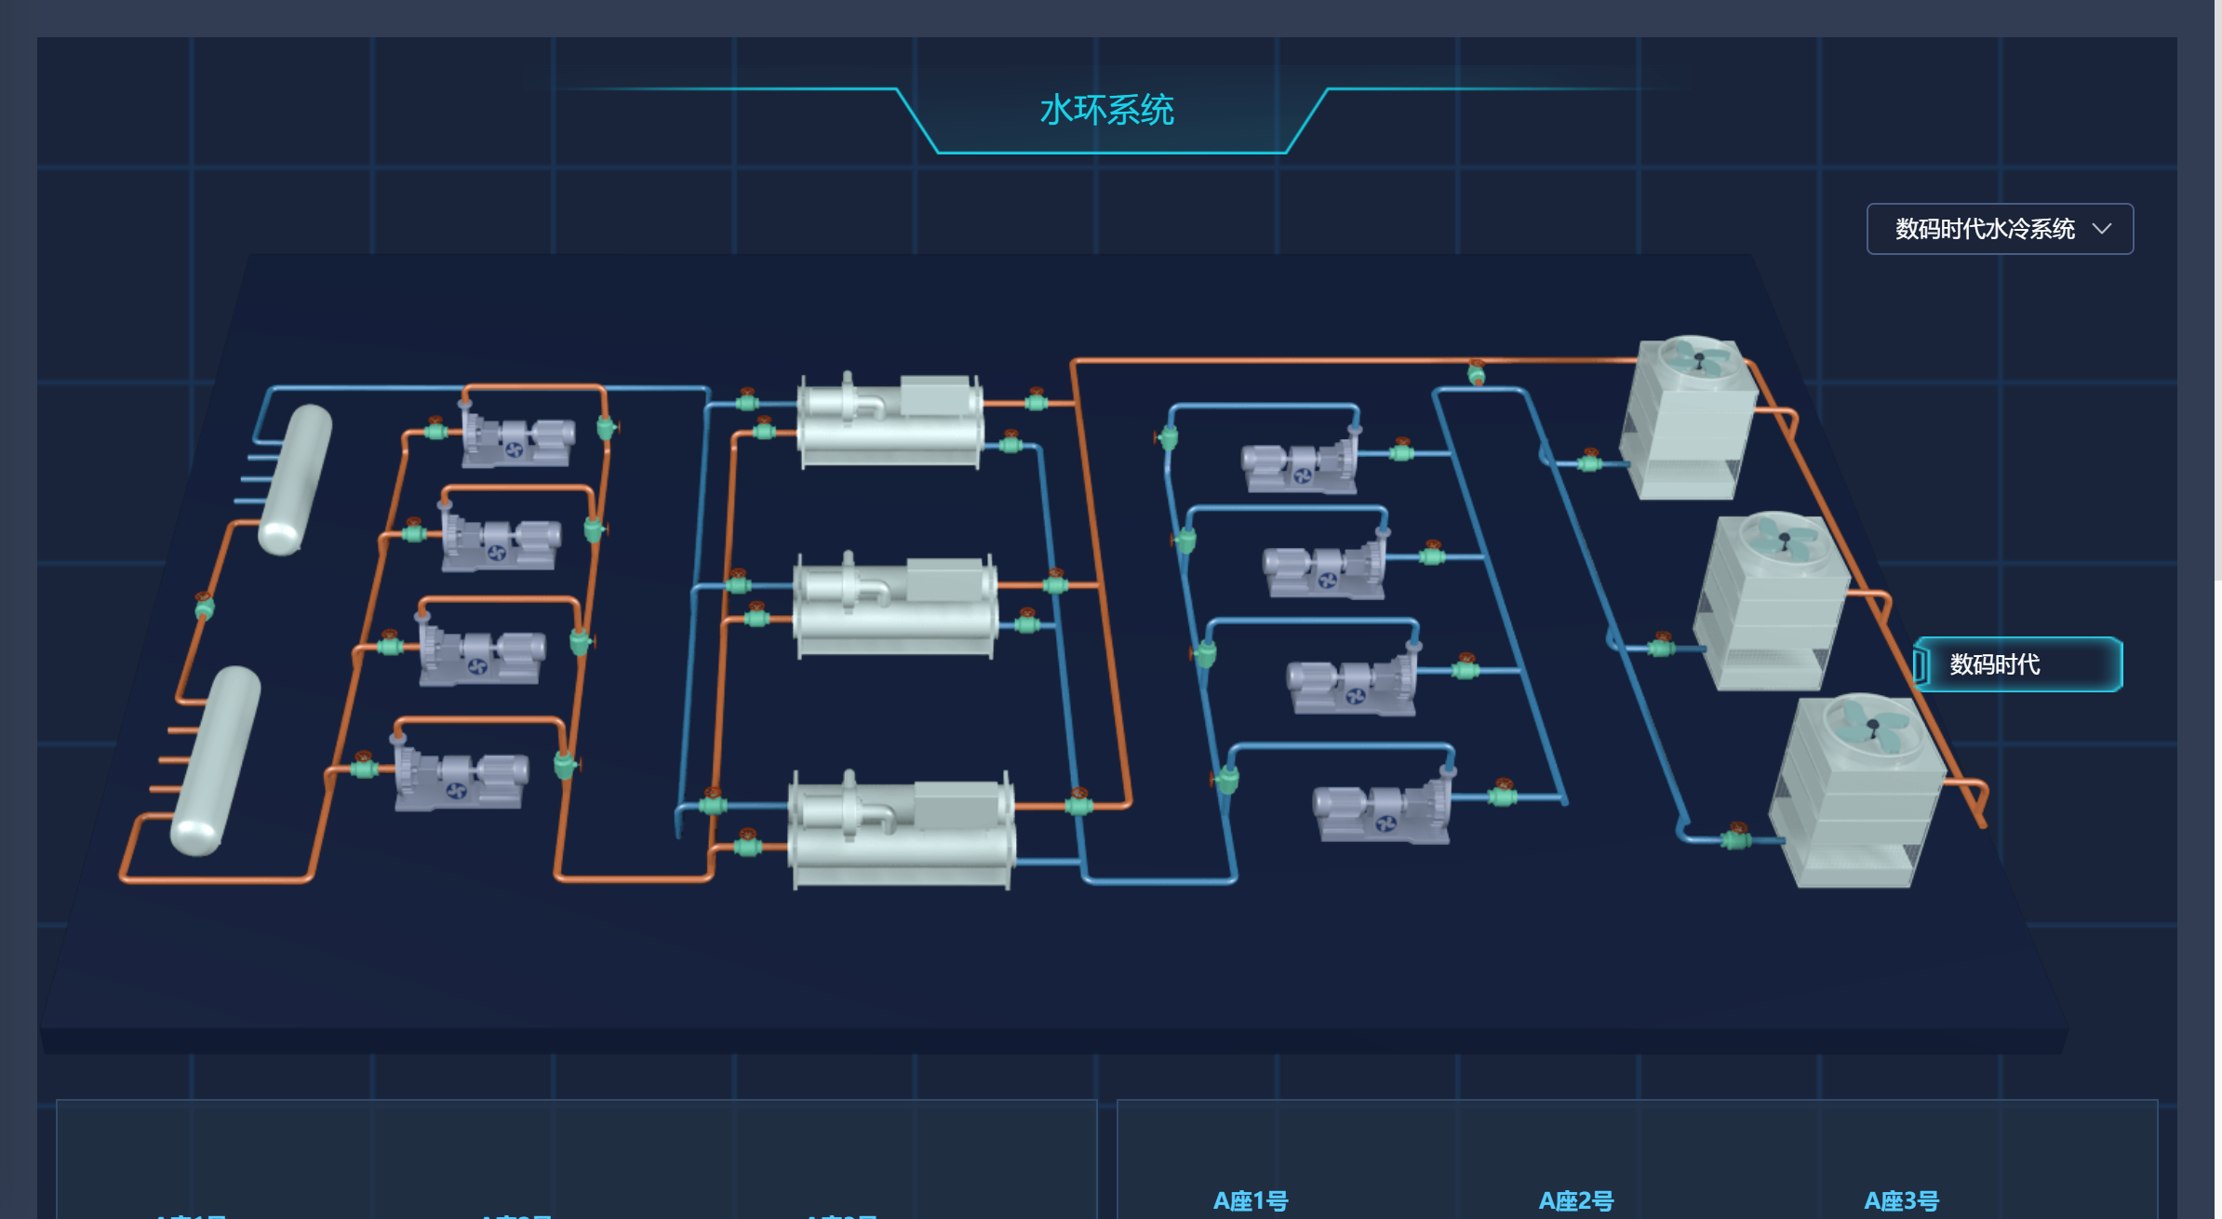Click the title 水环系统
pyautogui.click(x=1106, y=111)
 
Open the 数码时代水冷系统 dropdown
pyautogui.click(x=1999, y=229)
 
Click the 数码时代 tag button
pyautogui.click(x=2017, y=664)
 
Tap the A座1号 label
pyautogui.click(x=1250, y=1200)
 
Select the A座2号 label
pyautogui.click(x=1575, y=1200)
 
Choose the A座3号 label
pyautogui.click(x=1901, y=1200)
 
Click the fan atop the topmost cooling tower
pyautogui.click(x=1698, y=359)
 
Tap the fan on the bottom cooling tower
pyautogui.click(x=1873, y=723)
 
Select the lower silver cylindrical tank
pyautogui.click(x=215, y=759)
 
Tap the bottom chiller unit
pyautogui.click(x=901, y=830)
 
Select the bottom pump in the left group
pyautogui.click(x=461, y=779)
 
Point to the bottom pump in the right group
pyautogui.click(x=1381, y=811)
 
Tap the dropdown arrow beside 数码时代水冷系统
pyautogui.click(x=2101, y=229)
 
